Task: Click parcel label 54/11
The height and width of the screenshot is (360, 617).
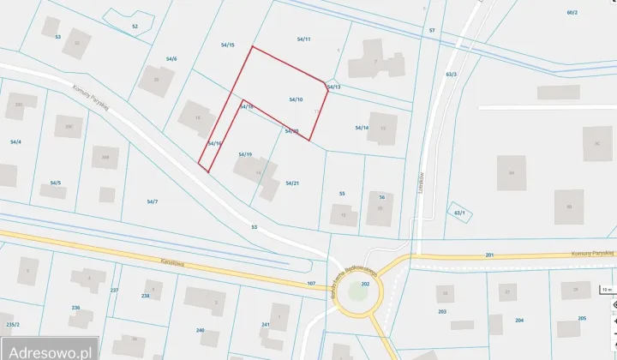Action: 303,39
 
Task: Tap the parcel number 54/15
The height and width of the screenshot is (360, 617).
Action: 227,45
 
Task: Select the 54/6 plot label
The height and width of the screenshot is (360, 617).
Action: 171,59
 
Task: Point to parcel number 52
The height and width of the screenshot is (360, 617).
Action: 135,27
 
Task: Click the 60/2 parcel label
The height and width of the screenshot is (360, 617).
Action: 572,13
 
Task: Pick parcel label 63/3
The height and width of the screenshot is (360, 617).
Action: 452,75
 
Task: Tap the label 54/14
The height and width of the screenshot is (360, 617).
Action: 362,128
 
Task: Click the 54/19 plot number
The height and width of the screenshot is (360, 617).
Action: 244,154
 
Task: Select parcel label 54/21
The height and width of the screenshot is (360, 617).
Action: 291,183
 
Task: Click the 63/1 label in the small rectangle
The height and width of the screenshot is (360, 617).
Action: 459,213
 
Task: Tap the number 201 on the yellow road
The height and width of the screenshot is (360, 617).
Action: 490,255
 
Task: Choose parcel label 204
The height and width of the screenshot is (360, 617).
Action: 519,320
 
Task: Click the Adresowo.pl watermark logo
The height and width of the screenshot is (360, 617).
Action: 49,350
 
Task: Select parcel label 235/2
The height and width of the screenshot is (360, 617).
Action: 12,325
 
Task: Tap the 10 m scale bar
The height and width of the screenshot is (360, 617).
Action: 606,290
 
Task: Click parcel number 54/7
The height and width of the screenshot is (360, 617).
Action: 152,202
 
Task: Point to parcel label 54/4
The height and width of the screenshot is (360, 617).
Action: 15,141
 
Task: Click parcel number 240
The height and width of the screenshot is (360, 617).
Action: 201,330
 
